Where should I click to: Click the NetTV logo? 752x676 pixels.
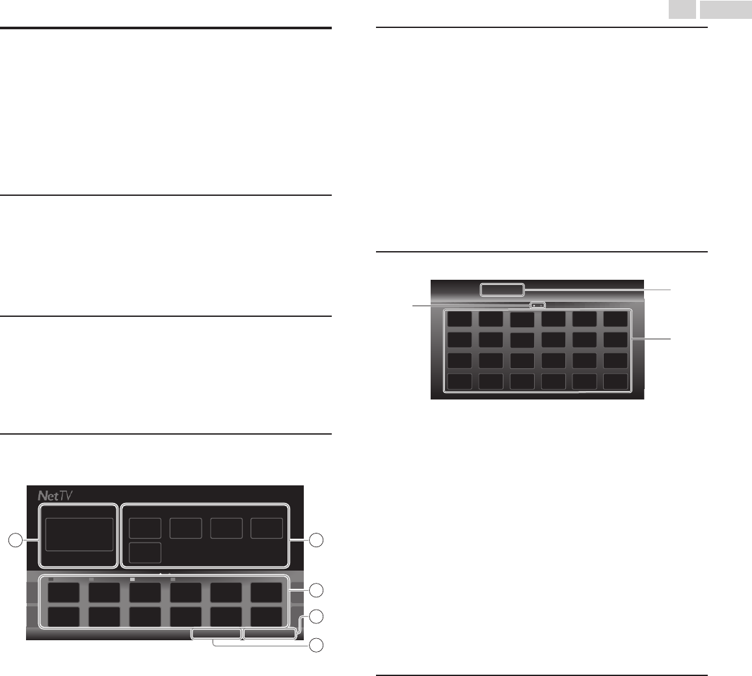[x=55, y=496]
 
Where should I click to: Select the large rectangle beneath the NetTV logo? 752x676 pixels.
[x=79, y=534]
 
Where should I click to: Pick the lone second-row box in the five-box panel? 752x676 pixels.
[x=145, y=552]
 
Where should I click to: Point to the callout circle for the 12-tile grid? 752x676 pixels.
[x=316, y=590]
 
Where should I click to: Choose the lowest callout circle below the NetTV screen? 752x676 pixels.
[x=316, y=645]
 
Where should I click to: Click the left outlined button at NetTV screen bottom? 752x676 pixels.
[x=216, y=633]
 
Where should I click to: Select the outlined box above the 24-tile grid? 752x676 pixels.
[x=502, y=290]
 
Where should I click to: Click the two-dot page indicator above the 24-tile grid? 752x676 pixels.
[x=537, y=304]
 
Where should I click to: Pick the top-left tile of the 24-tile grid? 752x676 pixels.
[x=460, y=319]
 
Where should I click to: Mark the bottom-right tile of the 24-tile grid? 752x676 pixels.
[x=615, y=381]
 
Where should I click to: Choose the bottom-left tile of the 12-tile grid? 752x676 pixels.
[x=64, y=616]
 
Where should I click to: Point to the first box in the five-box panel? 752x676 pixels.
[x=145, y=528]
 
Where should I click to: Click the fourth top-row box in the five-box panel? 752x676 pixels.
[x=267, y=528]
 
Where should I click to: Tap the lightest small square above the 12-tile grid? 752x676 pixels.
[x=132, y=578]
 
